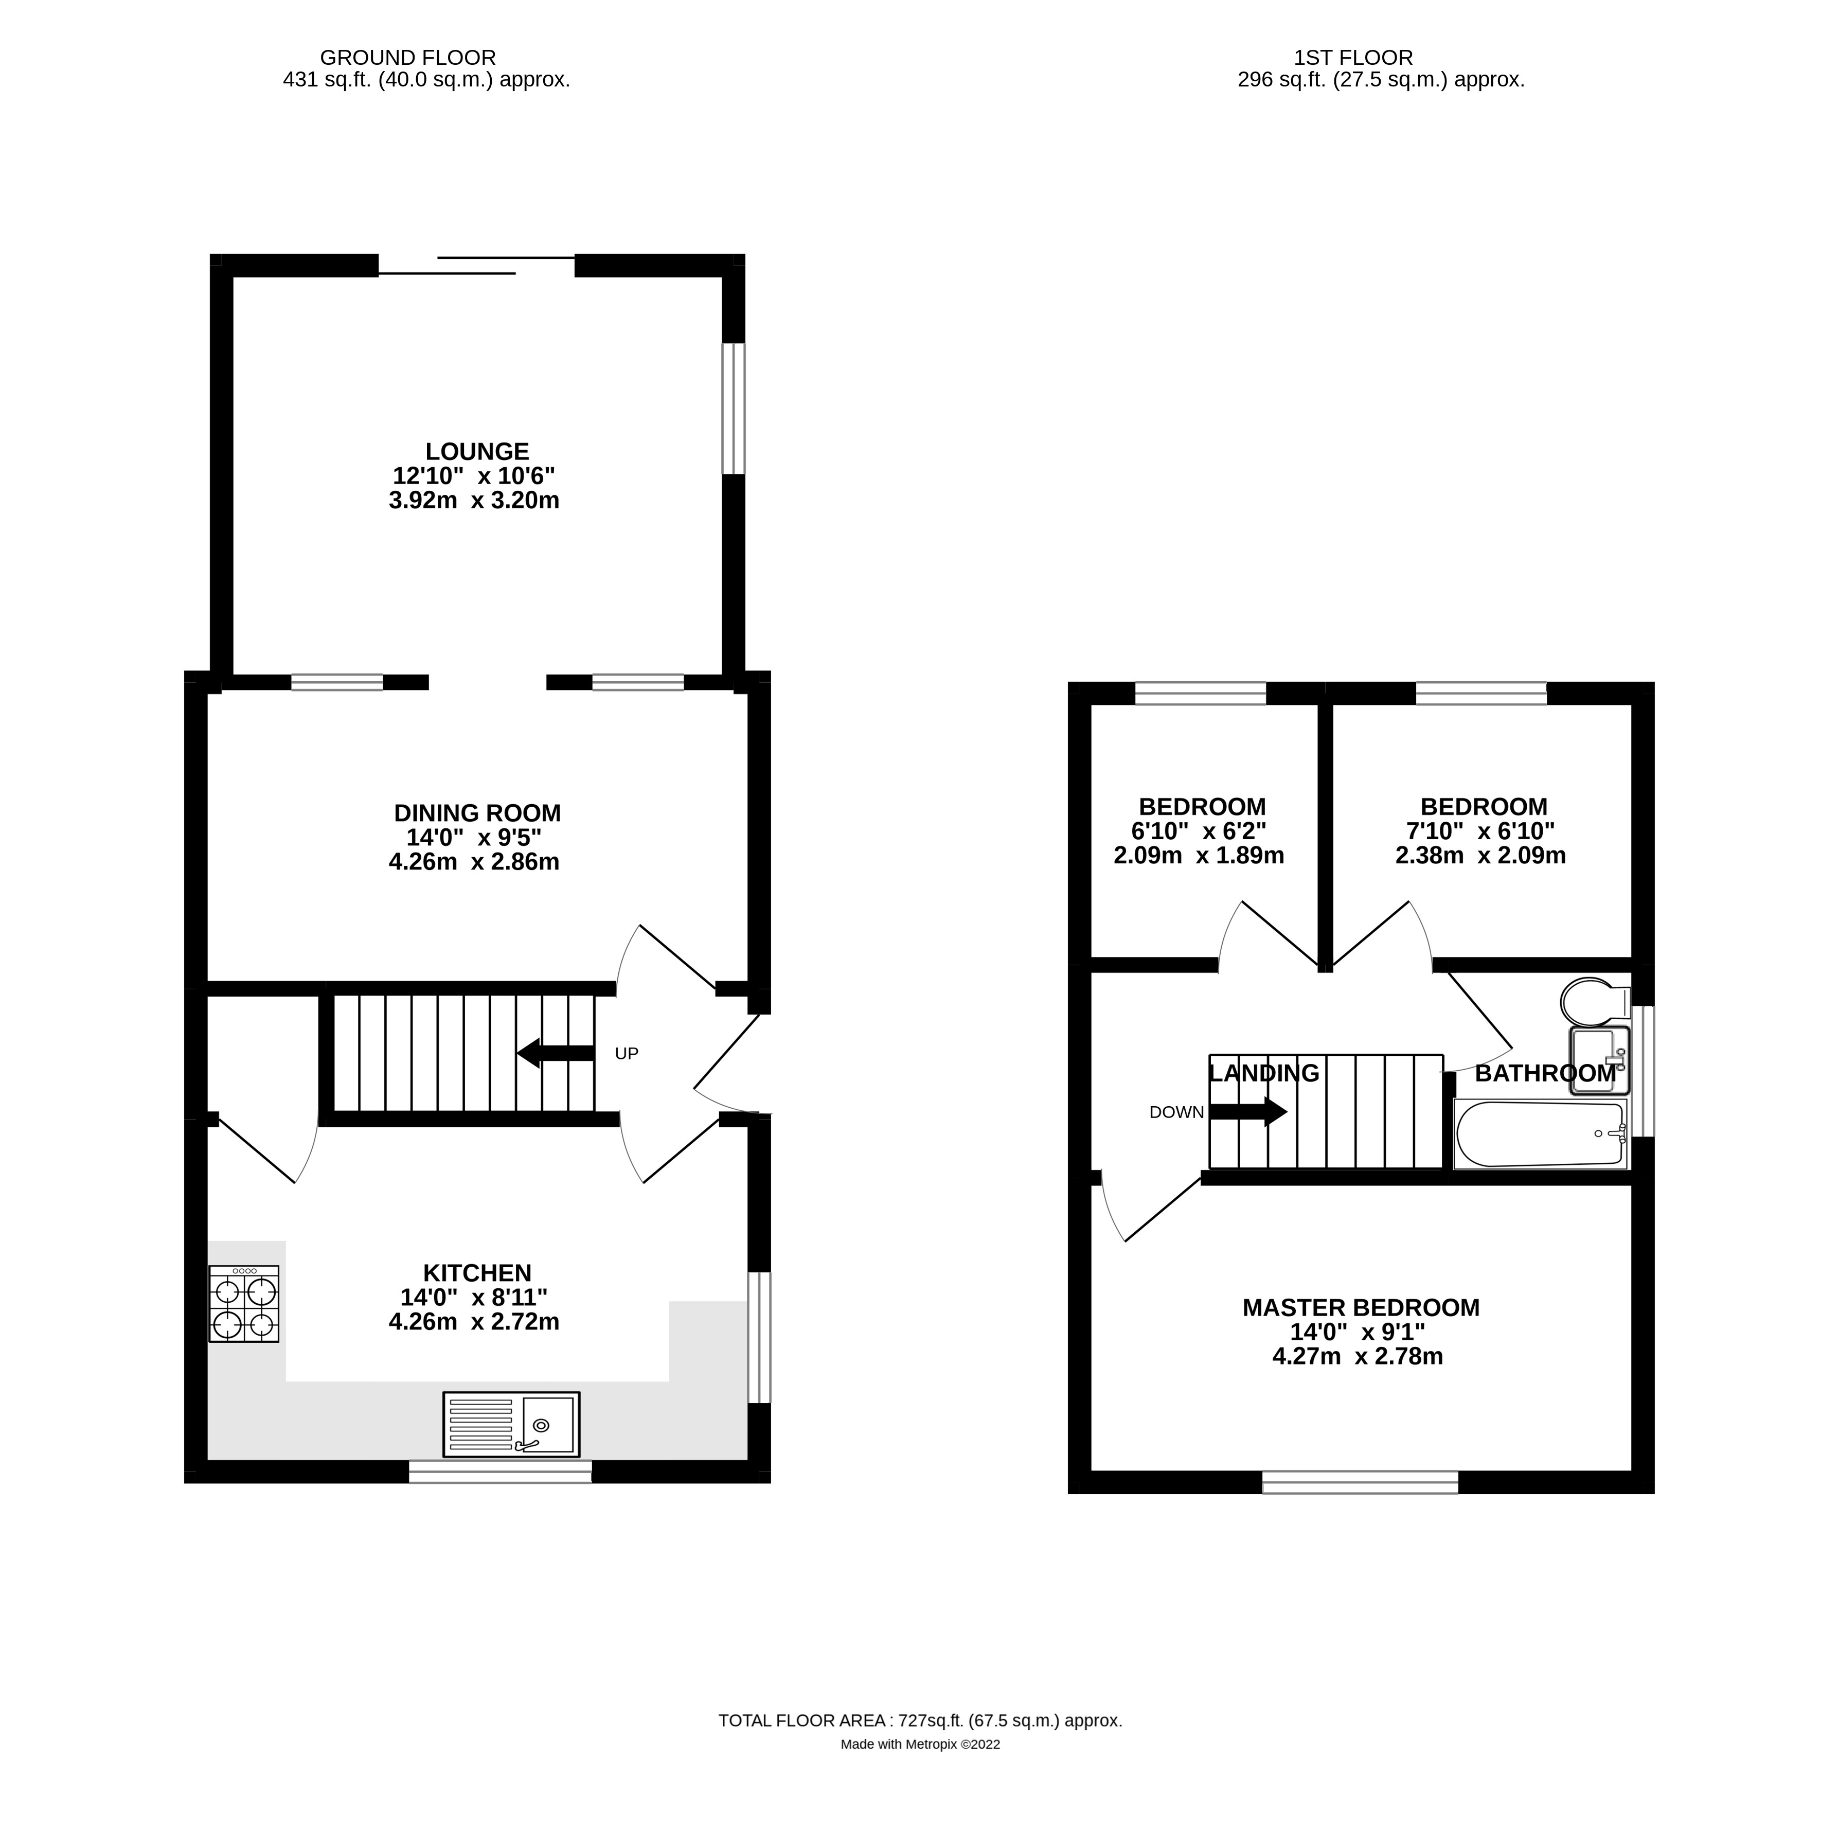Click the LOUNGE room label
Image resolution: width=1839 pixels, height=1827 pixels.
coord(477,451)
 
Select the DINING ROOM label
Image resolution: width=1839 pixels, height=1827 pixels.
coord(477,813)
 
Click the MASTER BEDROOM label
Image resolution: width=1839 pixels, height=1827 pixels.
coord(1360,1307)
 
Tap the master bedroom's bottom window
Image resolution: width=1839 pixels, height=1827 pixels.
coord(1360,1481)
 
